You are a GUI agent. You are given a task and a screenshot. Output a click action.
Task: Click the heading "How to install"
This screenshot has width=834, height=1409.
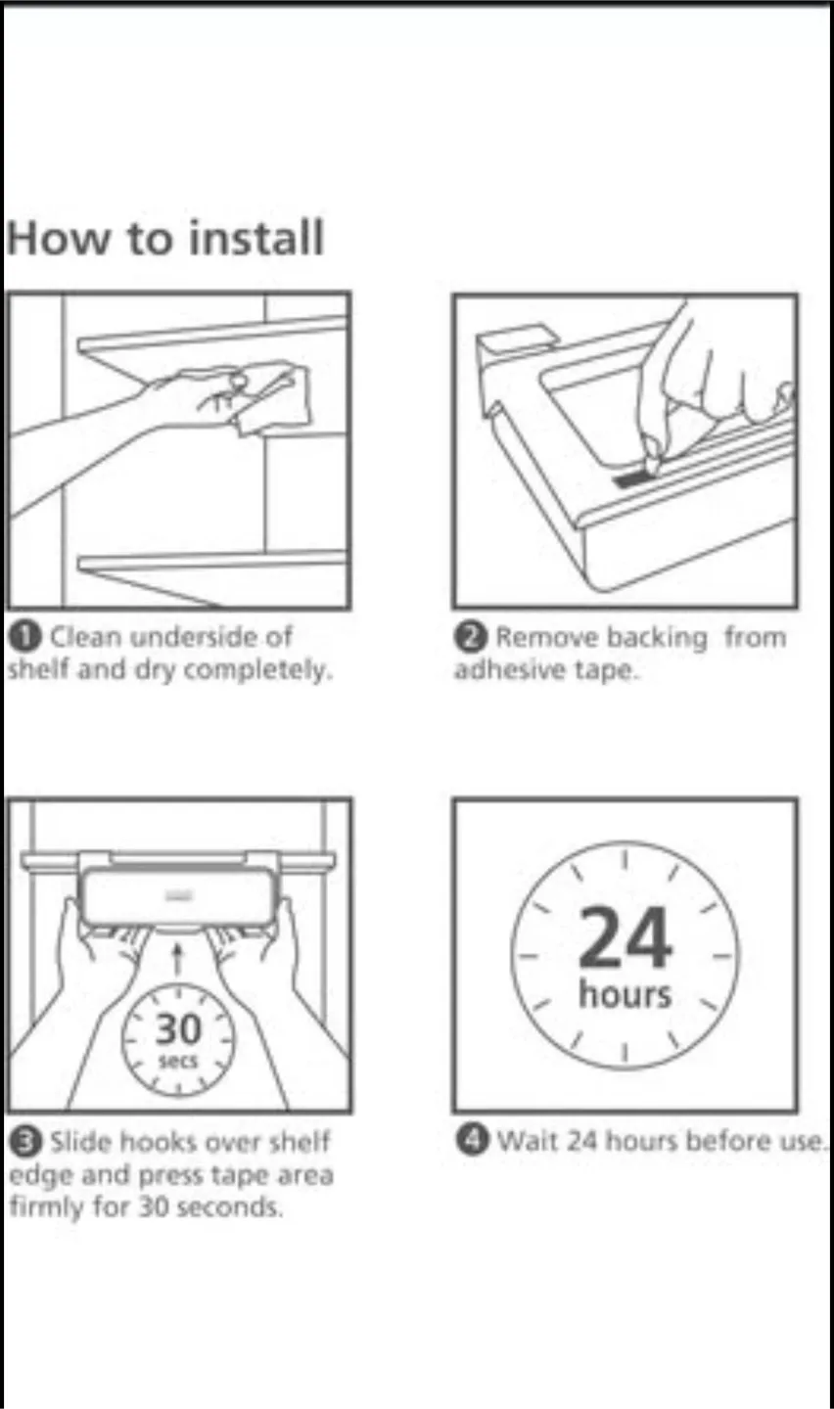click(x=164, y=239)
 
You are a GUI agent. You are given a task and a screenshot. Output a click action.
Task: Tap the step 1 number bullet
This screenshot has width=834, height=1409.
click(x=23, y=636)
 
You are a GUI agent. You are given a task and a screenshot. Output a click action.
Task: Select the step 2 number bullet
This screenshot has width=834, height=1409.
click(x=470, y=636)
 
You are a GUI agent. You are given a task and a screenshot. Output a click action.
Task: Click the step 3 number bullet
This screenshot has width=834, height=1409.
click(x=23, y=1141)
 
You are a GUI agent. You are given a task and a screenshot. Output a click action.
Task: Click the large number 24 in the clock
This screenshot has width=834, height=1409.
click(x=625, y=938)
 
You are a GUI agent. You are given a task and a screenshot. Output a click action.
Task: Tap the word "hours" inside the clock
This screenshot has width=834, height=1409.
click(x=625, y=994)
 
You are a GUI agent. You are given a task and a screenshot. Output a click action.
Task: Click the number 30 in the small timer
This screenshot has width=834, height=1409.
click(x=178, y=1029)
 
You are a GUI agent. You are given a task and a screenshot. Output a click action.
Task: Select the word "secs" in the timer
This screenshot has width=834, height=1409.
click(x=178, y=1061)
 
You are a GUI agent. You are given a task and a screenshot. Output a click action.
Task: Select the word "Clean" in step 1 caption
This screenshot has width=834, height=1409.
click(x=85, y=637)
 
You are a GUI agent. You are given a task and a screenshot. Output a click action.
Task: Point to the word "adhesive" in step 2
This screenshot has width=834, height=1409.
click(x=499, y=671)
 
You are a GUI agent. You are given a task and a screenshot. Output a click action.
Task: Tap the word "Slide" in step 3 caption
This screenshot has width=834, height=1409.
click(x=81, y=1142)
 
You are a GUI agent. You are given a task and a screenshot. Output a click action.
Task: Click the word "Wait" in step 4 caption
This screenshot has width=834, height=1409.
click(x=528, y=1142)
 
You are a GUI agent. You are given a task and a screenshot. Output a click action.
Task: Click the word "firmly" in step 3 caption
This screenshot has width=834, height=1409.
click(x=42, y=1207)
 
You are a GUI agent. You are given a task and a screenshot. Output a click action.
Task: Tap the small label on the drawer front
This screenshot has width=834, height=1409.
click(x=178, y=893)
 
